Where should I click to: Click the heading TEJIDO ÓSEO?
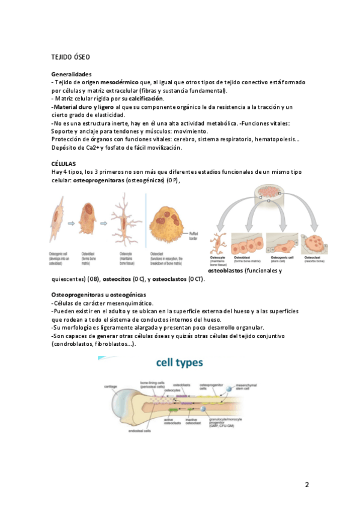(70, 57)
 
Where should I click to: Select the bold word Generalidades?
(72, 74)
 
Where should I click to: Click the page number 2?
(307, 485)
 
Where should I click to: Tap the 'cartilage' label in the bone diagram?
(111, 386)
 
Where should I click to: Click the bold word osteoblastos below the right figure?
(228, 271)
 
